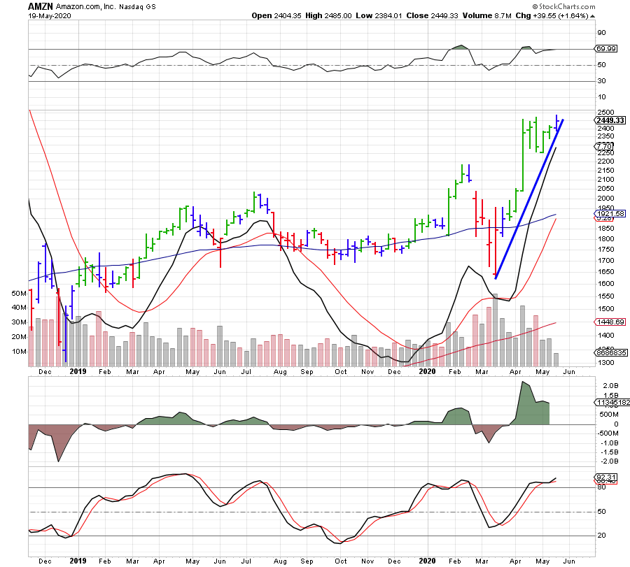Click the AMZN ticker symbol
[41, 6]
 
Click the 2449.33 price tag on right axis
[610, 120]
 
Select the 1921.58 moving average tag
[610, 213]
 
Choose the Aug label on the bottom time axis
[280, 560]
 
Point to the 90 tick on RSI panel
[601, 32]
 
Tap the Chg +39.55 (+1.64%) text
[558, 15]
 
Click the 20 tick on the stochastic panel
[601, 536]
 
